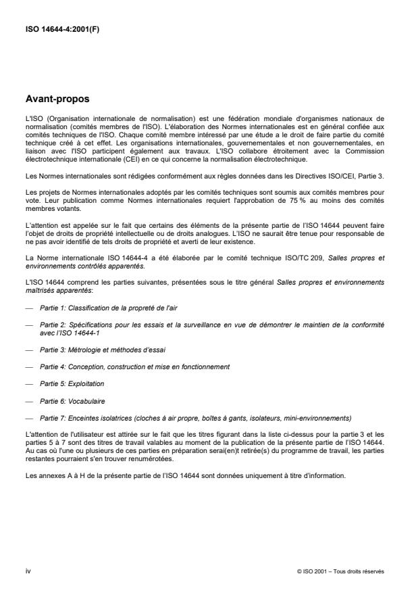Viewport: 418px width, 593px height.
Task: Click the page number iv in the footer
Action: (x=28, y=571)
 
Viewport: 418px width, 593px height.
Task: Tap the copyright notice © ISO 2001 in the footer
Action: (x=340, y=571)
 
